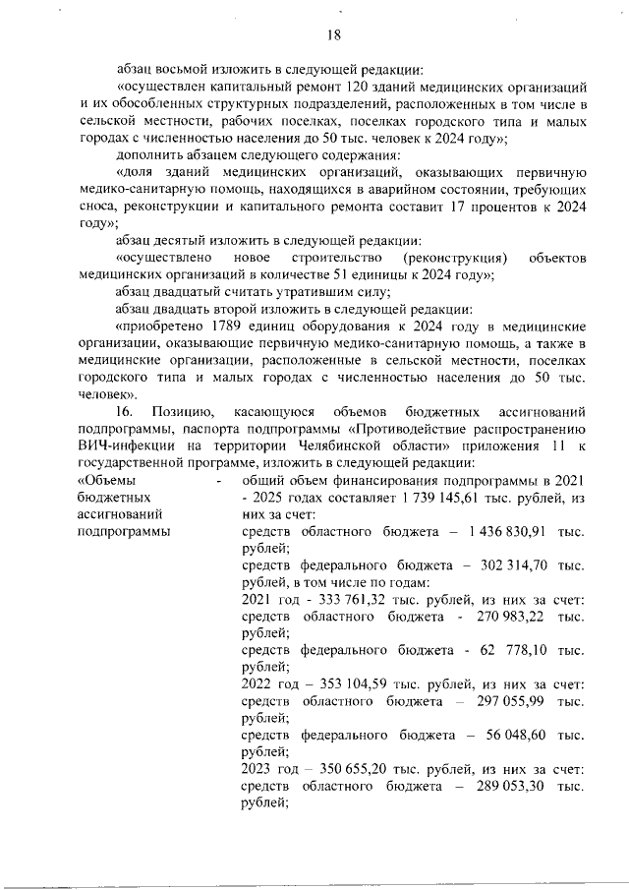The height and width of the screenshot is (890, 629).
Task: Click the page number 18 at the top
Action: [332, 35]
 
